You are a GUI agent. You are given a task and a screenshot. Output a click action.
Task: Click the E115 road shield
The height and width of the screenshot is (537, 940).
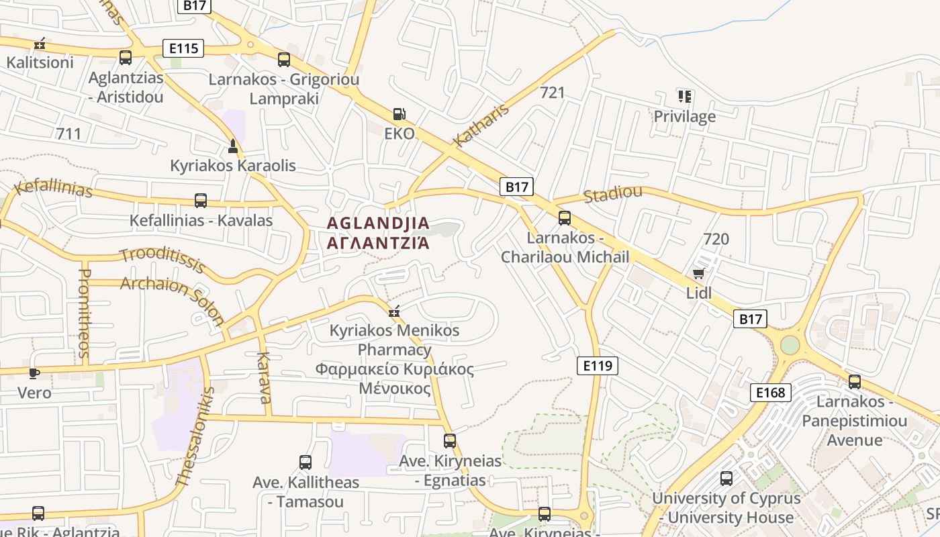click(183, 48)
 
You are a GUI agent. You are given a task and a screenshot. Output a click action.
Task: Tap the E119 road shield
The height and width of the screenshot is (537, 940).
click(597, 366)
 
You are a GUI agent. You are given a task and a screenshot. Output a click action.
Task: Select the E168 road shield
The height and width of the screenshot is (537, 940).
click(770, 393)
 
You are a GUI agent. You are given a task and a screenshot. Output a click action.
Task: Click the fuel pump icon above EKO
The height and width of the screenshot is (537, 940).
click(399, 114)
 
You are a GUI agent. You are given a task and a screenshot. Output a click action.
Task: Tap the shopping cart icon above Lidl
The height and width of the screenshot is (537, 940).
click(698, 273)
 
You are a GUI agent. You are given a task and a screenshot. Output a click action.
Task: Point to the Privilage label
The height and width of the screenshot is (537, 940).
click(685, 117)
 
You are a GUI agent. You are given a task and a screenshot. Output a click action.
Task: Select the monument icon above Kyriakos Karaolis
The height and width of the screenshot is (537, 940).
click(233, 146)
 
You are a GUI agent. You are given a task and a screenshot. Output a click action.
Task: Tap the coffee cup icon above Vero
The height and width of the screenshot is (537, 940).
click(34, 373)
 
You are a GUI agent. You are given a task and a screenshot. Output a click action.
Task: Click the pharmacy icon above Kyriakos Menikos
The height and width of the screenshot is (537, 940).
click(394, 311)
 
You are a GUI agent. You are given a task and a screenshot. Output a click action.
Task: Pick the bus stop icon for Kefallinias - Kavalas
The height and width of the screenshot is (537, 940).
click(200, 200)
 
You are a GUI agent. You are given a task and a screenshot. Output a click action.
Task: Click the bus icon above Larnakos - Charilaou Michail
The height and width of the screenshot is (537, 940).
click(565, 218)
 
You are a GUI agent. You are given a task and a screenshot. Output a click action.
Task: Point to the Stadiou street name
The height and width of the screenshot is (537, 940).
click(612, 195)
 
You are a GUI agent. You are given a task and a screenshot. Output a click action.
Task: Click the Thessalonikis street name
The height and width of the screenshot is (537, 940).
click(195, 436)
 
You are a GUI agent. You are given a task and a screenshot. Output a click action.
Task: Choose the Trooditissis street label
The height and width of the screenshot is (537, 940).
click(162, 260)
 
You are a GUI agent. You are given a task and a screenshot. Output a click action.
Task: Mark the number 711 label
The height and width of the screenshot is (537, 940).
click(68, 134)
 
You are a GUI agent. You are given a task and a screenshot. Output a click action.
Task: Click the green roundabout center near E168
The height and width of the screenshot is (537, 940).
click(790, 345)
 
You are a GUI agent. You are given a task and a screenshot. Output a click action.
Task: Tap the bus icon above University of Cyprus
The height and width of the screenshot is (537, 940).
click(726, 479)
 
